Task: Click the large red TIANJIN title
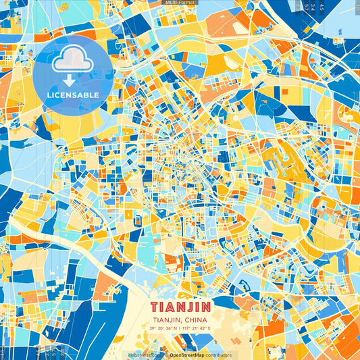(x=180, y=307)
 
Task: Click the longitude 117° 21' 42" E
(x=197, y=328)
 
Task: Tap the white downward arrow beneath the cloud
(x=72, y=80)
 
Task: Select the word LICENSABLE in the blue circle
(x=72, y=95)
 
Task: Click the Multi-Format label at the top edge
(x=180, y=3)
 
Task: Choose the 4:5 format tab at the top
(x=322, y=8)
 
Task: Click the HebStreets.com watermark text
(x=143, y=355)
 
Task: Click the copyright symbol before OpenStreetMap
(x=167, y=355)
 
